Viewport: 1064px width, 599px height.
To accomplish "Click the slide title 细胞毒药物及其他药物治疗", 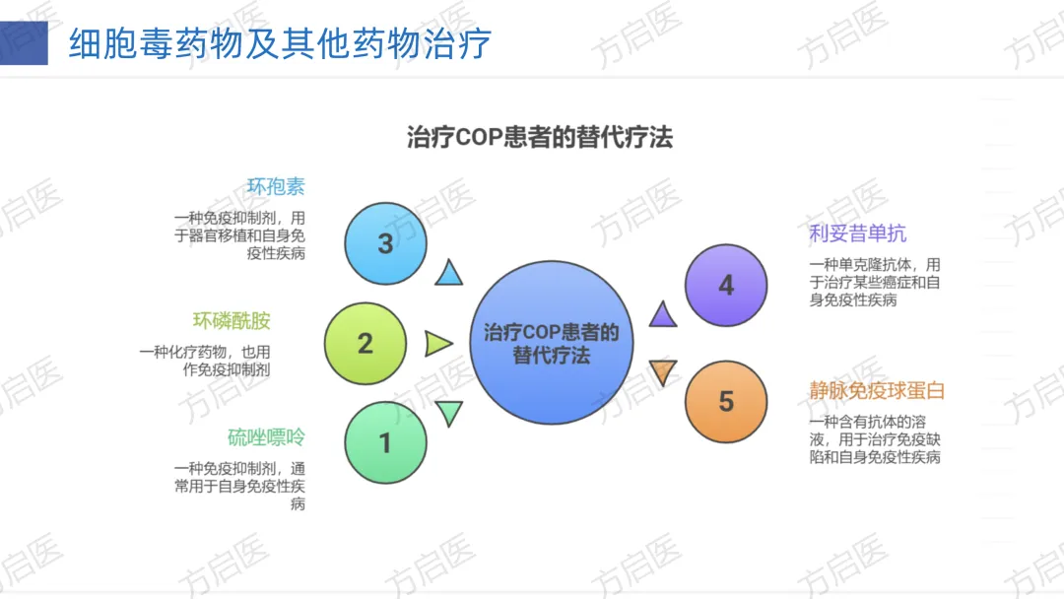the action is pos(280,43).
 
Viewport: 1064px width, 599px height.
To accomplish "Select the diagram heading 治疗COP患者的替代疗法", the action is pos(539,136).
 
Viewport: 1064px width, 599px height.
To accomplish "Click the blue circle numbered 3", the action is pos(385,243).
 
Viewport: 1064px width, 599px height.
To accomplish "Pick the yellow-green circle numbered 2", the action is pos(366,343).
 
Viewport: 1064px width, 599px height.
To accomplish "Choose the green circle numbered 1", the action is pos(385,442).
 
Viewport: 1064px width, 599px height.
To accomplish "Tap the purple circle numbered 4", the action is pos(726,285).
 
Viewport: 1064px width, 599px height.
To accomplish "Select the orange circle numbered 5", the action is pos(726,401).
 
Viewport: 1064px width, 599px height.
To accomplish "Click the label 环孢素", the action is pos(276,186).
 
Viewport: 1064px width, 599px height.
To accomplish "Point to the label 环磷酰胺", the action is pos(232,321).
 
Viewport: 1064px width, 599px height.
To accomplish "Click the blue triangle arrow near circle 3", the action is pos(449,273).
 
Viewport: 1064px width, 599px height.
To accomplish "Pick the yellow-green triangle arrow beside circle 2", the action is pos(437,343).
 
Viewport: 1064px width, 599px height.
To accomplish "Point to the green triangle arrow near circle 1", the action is pos(449,413).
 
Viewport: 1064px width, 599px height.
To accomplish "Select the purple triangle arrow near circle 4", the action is pos(663,314).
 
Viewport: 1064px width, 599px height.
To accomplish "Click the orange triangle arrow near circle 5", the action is pos(663,372).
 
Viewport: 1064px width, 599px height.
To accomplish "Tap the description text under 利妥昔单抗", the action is pos(875,283).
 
